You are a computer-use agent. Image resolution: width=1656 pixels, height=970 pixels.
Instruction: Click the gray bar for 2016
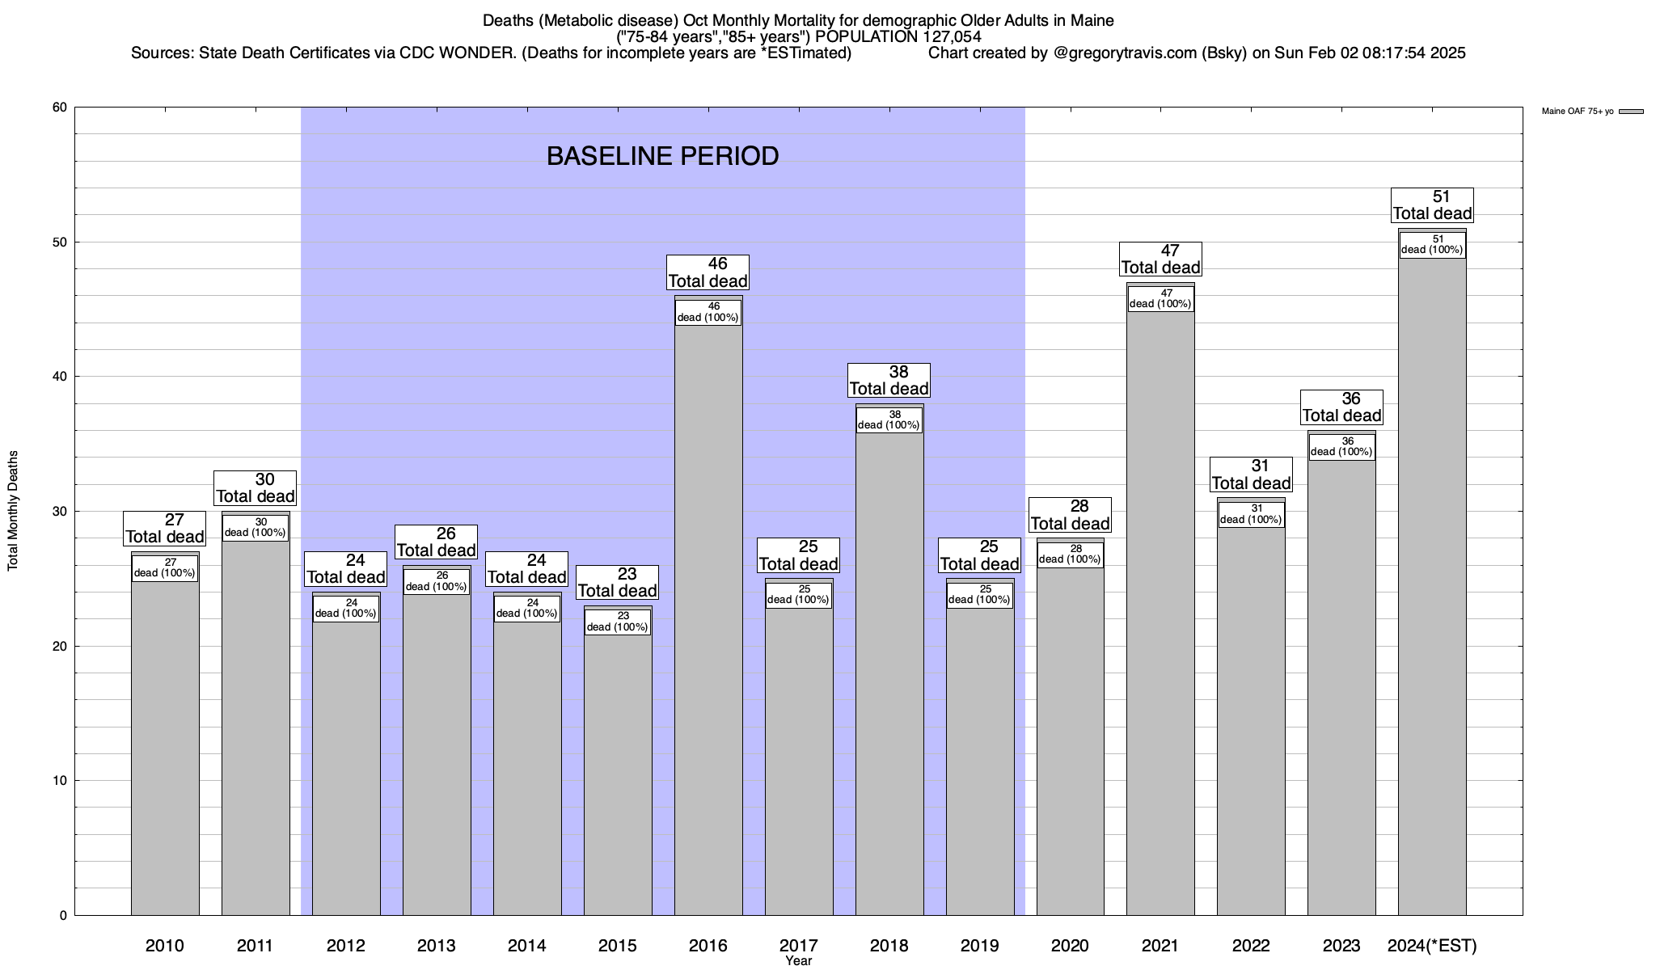[708, 614]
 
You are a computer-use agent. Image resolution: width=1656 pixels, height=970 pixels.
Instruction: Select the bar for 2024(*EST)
[1432, 582]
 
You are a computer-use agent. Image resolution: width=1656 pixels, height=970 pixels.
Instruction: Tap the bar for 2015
[618, 768]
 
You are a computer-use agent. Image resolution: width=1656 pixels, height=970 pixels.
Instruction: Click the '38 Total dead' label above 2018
[889, 381]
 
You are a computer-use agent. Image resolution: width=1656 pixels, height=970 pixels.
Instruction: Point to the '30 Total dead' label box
[255, 488]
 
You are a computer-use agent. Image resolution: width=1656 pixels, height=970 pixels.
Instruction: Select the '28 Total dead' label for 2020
[1070, 515]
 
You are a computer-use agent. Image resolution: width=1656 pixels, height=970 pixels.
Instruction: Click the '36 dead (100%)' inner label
[1341, 447]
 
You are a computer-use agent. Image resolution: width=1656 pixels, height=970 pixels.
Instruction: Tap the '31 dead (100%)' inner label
[1251, 514]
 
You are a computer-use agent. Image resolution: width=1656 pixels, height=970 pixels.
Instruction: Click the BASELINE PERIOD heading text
[662, 156]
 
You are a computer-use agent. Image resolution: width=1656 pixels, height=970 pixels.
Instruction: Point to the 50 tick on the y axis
[60, 242]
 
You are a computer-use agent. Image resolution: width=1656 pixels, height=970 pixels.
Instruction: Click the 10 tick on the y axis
[60, 781]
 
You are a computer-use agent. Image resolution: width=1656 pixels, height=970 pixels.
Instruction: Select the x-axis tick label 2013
[436, 945]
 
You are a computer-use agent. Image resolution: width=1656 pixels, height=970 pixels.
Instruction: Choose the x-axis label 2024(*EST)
[1431, 945]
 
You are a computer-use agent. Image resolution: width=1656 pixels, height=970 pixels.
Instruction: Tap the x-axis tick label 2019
[979, 945]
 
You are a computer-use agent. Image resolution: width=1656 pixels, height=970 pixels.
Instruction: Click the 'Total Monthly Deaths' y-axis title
[13, 511]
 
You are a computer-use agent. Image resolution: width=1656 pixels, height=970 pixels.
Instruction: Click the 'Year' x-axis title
[798, 961]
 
